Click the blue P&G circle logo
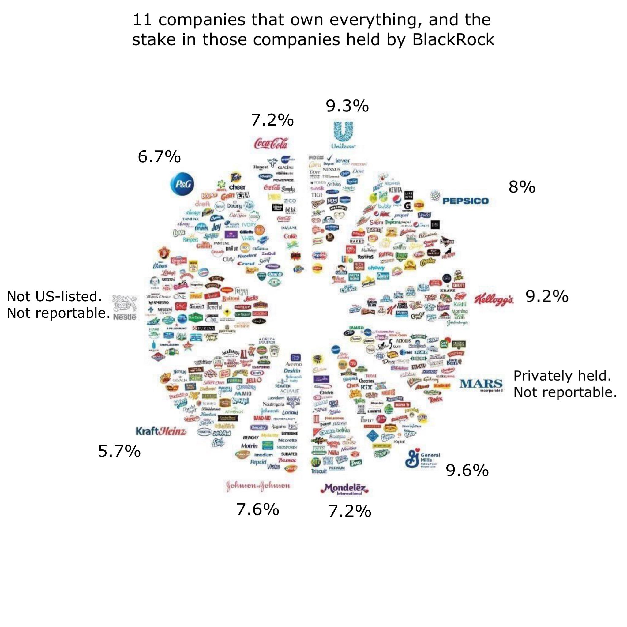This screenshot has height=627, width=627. coord(182,184)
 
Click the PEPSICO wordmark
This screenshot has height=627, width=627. coord(465,201)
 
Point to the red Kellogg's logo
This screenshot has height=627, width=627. coord(494,298)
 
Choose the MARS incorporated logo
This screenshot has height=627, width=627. coord(481,385)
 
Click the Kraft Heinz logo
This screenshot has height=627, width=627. coord(161,431)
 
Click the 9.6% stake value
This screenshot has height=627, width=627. coord(467,470)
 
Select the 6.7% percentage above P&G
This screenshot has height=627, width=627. coord(159,157)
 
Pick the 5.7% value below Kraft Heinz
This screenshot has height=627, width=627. coord(119,451)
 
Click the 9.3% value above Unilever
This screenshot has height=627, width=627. coord(347,106)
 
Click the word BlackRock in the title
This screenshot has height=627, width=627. coord(453,39)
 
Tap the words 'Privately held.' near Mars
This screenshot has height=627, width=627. coord(562,376)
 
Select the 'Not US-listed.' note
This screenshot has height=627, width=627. coord(54,296)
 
